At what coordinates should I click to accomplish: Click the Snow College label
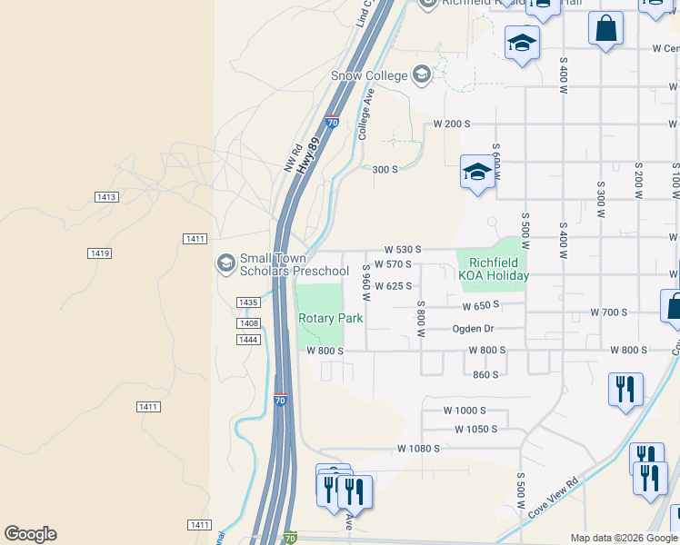point(370,74)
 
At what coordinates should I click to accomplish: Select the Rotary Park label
point(331,318)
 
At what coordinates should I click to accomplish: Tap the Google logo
point(30,534)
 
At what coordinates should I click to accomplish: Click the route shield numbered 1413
point(106,197)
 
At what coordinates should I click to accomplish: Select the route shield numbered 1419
point(100,253)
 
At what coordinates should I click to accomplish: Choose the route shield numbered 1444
point(248,340)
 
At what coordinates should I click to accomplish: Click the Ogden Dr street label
point(473,329)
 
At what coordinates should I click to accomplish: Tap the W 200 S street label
point(452,124)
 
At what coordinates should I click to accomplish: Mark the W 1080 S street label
point(418,449)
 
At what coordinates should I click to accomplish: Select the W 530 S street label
point(404,249)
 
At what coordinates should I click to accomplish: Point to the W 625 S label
point(395,286)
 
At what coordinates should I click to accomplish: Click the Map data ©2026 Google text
point(625,538)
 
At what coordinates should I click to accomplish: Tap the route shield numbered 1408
point(248,323)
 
